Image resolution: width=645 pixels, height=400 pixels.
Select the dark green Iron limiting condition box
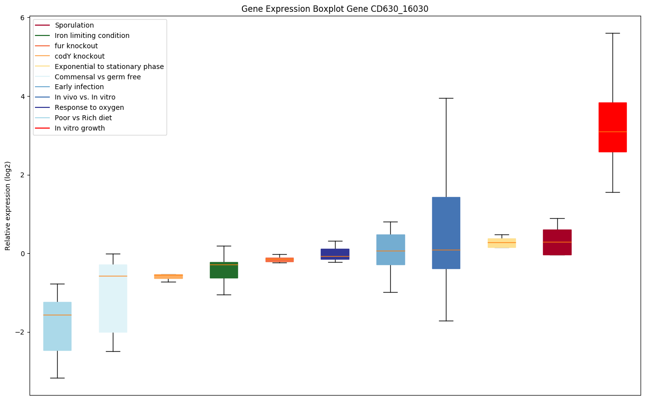coord(224,270)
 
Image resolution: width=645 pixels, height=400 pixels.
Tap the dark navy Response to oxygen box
coord(335,254)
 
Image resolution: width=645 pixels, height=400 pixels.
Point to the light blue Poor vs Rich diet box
coord(57,326)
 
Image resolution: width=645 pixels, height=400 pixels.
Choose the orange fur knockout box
coord(279,260)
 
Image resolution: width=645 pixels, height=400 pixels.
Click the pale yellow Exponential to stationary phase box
coord(502,243)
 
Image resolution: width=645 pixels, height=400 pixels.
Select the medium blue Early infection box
coord(390,250)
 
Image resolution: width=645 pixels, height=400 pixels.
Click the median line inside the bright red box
coord(612,132)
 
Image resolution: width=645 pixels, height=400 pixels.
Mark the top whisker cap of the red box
coord(612,33)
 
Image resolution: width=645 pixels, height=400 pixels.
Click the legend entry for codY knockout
coord(79,56)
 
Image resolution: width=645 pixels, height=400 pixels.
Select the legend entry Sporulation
coord(74,25)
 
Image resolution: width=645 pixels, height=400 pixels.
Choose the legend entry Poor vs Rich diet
coord(83,118)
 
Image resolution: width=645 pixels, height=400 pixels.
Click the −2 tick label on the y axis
coord(21,332)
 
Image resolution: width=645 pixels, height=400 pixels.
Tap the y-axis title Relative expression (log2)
coord(8,206)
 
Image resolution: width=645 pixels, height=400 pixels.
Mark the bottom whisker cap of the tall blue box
coord(446,321)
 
